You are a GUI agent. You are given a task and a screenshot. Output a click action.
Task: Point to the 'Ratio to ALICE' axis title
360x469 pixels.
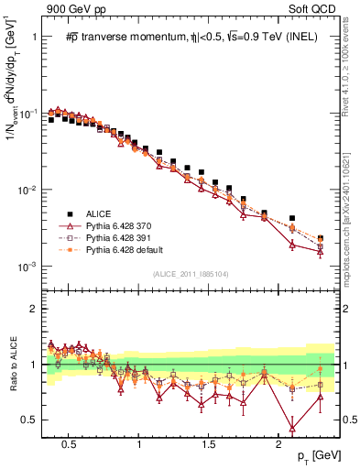tap(12, 365)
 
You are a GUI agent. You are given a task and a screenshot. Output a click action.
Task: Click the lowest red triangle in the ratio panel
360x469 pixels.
tap(292, 428)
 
